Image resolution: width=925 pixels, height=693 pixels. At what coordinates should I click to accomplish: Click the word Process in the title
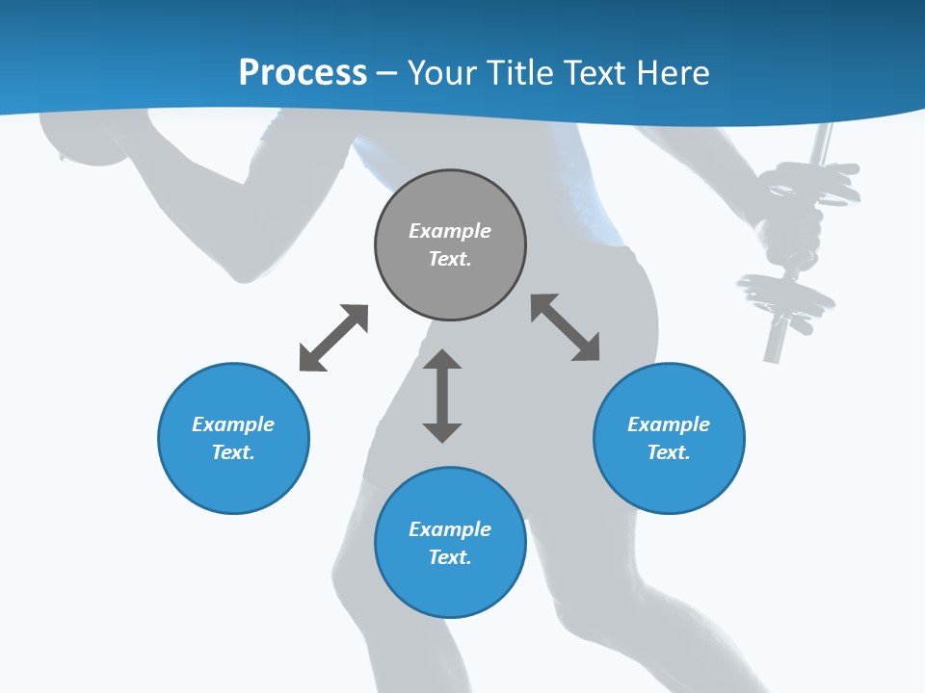pos(303,72)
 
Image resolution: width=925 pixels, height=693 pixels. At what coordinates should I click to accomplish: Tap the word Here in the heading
pos(674,73)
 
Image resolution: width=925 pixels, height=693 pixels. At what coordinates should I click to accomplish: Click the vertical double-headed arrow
pos(442,397)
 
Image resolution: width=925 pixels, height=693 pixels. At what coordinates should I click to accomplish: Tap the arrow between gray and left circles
pos(333,338)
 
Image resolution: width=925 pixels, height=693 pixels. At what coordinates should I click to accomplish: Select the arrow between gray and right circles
pos(566,327)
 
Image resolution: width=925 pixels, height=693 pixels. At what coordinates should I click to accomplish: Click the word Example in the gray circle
pos(450,231)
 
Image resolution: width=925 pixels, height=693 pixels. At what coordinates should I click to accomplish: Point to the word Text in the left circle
pos(233,452)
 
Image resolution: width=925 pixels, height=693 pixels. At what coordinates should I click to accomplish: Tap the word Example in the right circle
pos(669,424)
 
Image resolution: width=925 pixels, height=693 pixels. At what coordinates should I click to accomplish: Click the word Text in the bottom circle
pos(450,557)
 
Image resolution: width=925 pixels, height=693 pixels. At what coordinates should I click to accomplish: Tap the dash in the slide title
pos(386,73)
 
